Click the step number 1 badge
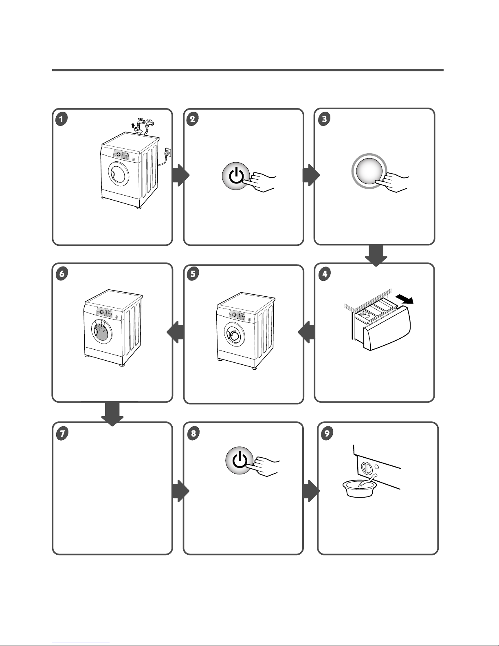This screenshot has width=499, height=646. click(x=62, y=119)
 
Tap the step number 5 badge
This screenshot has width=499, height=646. click(x=193, y=273)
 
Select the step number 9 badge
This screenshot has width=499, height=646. click(x=327, y=433)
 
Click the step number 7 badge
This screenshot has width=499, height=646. click(x=62, y=433)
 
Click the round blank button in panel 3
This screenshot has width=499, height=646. click(x=369, y=171)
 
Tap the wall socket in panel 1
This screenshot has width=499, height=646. click(x=168, y=152)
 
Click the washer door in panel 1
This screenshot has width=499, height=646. click(x=119, y=174)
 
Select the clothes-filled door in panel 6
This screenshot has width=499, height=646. click(x=101, y=332)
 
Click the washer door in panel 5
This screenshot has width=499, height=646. click(x=234, y=335)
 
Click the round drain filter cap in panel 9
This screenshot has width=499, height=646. click(x=367, y=469)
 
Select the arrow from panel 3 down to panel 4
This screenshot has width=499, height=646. click(x=376, y=256)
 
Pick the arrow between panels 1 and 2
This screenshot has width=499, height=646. click(x=180, y=175)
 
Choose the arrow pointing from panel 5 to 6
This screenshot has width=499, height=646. click(x=175, y=332)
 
